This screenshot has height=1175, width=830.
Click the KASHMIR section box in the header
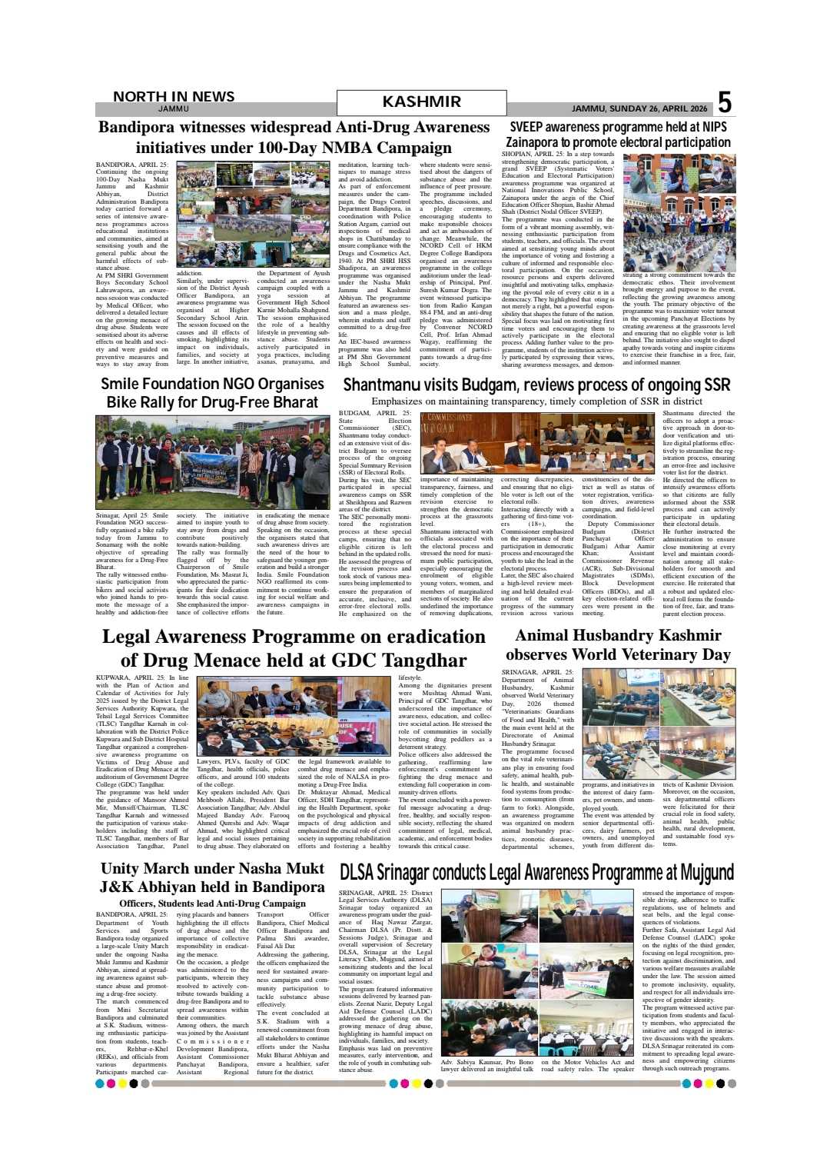[421, 102]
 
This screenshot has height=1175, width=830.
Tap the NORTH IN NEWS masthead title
[174, 96]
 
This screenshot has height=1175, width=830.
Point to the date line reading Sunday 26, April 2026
[639, 108]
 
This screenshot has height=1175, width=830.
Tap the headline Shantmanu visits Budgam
[536, 384]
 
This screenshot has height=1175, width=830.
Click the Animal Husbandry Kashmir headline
[618, 644]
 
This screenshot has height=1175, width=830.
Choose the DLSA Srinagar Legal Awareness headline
[536, 872]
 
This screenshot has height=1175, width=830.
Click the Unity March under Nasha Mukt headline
[212, 877]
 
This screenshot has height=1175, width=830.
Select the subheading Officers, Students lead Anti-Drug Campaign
[212, 904]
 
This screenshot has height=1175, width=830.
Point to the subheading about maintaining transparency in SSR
[536, 401]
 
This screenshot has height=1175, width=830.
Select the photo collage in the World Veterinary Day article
[659, 724]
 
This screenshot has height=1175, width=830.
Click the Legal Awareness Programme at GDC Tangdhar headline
[294, 648]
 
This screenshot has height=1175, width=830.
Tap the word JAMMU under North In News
[173, 109]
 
